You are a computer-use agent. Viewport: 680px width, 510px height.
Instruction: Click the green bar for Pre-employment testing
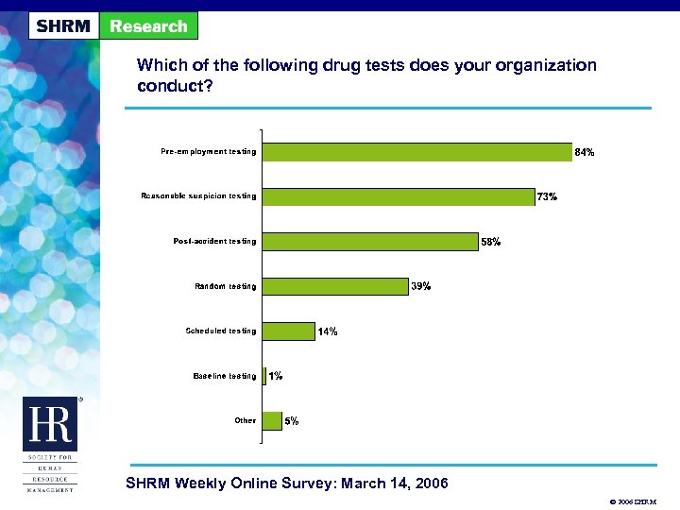click(x=415, y=151)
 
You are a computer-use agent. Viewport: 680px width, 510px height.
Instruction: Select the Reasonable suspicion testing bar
click(x=396, y=196)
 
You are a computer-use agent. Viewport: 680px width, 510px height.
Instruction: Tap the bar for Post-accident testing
click(x=367, y=242)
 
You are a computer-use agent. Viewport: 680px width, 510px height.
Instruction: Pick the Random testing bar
click(x=332, y=286)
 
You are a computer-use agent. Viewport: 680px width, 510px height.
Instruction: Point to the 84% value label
click(x=585, y=152)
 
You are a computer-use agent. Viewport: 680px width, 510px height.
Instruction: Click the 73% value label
click(x=547, y=197)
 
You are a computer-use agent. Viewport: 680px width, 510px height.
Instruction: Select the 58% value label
click(x=491, y=242)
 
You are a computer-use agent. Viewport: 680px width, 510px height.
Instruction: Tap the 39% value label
click(x=421, y=287)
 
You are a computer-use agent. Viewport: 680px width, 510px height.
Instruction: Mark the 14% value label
click(x=328, y=331)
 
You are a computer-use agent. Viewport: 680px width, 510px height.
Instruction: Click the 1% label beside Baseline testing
click(x=276, y=377)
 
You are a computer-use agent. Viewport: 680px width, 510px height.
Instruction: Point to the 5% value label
click(x=292, y=422)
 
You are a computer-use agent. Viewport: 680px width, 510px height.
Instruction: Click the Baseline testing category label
click(x=224, y=376)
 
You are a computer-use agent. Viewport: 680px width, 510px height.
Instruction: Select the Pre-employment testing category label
click(x=208, y=151)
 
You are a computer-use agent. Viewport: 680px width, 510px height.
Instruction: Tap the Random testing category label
click(x=225, y=286)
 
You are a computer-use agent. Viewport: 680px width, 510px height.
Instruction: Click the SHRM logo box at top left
click(x=63, y=25)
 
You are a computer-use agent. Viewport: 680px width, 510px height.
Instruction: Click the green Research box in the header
click(x=148, y=25)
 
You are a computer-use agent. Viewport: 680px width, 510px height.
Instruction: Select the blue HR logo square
click(x=48, y=425)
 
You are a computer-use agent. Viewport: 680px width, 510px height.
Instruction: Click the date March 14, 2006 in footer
click(x=382, y=484)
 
